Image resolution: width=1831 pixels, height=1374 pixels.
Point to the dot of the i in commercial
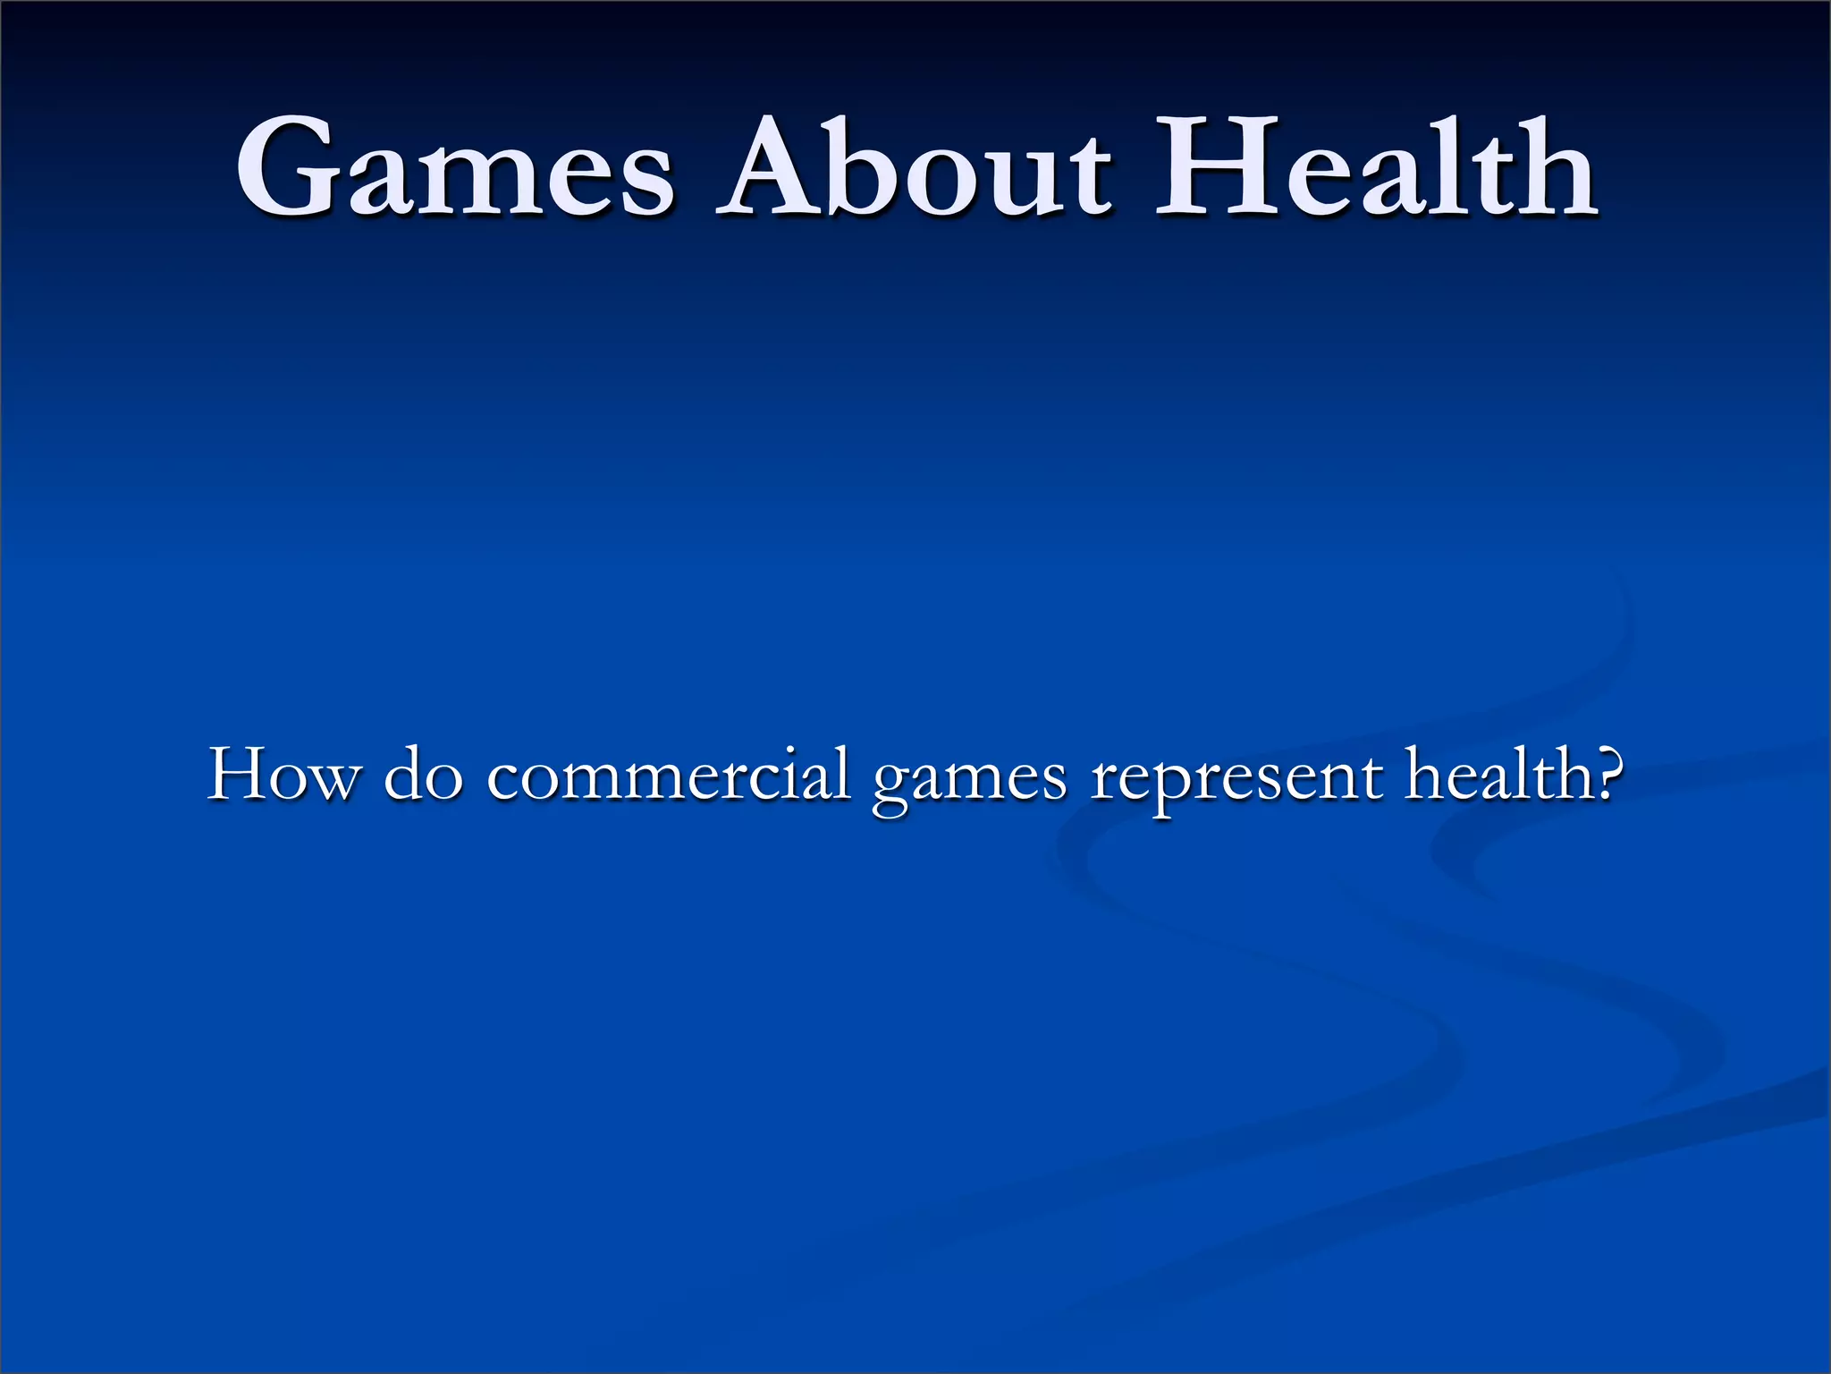pos(798,749)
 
